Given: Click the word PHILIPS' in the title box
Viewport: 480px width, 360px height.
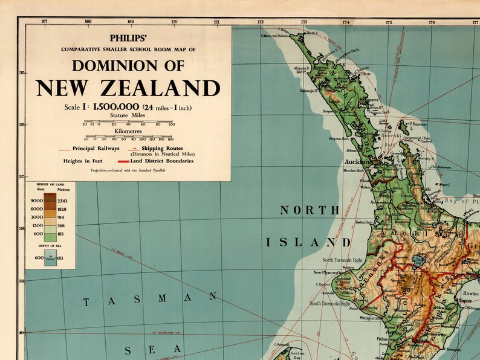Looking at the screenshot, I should (128, 37).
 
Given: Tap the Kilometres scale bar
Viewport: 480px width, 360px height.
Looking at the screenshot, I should (128, 137).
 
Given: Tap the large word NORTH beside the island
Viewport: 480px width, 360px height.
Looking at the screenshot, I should (308, 210).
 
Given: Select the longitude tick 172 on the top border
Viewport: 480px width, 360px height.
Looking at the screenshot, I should (261, 22).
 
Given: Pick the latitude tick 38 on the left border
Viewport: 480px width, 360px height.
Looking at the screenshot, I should (22, 229).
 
